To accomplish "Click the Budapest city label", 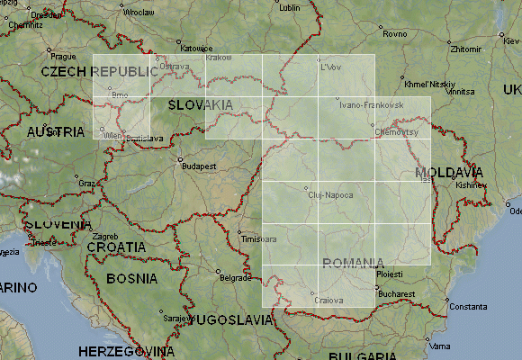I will [x=200, y=166].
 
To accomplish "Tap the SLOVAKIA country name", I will [x=200, y=105].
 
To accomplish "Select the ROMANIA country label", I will [x=352, y=263].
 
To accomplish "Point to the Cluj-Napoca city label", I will [x=330, y=193].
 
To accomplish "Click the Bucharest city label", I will [x=397, y=293].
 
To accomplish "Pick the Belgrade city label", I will [x=235, y=278].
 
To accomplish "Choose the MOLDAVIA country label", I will [x=449, y=172].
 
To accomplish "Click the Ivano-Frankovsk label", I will [x=371, y=105].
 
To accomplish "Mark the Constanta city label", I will [x=468, y=307].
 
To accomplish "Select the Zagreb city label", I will [x=105, y=235].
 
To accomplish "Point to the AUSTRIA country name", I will [x=56, y=131].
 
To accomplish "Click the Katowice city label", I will [x=194, y=49].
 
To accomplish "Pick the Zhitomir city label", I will [x=465, y=49].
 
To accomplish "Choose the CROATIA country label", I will [x=116, y=247].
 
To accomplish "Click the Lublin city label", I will [x=289, y=7].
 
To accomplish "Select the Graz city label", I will [x=87, y=183].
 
